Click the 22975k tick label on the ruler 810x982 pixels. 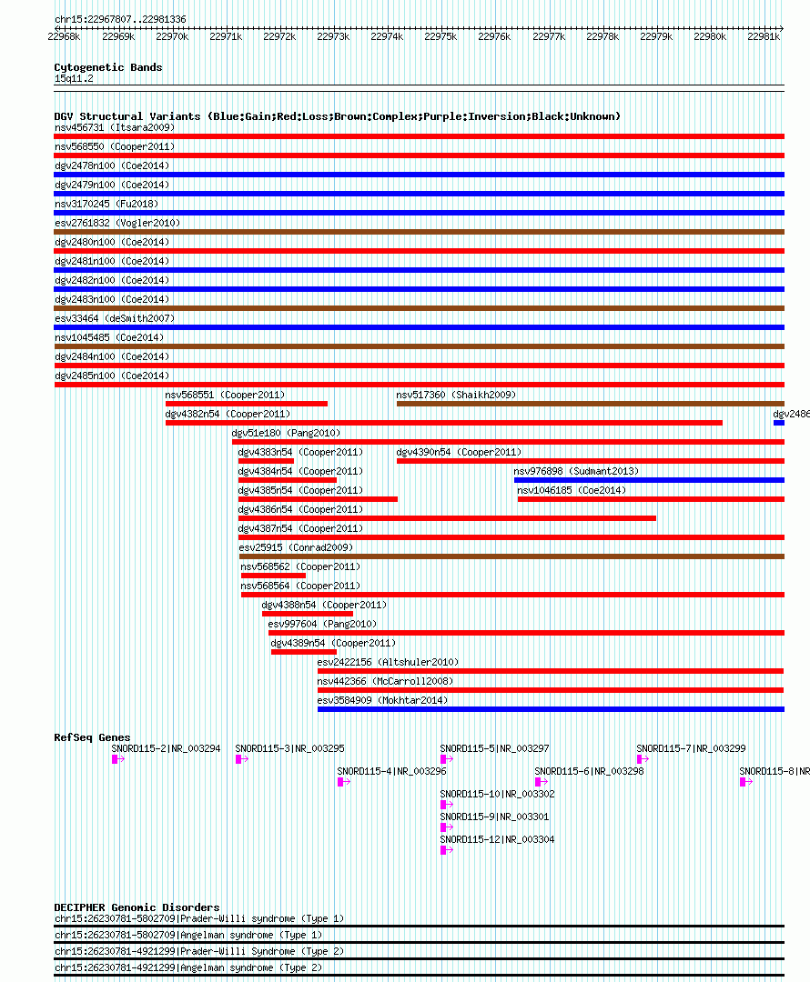pyautogui.click(x=440, y=37)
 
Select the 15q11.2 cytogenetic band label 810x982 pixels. pyautogui.click(x=74, y=78)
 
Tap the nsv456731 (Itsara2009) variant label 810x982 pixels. pyautogui.click(x=115, y=128)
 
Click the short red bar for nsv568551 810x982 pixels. pyautogui.click(x=247, y=404)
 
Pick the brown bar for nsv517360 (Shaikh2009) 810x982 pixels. pyautogui.click(x=591, y=404)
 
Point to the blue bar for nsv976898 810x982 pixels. pyautogui.click(x=649, y=480)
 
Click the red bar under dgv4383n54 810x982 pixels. pyautogui.click(x=266, y=461)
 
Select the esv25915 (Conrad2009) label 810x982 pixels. pyautogui.click(x=296, y=548)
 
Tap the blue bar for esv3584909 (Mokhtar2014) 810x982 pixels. pyautogui.click(x=552, y=709)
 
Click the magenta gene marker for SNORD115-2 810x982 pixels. pyautogui.click(x=115, y=759)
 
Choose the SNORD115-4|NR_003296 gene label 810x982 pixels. pyautogui.click(x=392, y=772)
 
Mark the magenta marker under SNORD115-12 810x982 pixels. pyautogui.click(x=443, y=850)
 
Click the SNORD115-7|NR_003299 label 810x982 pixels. pyautogui.click(x=691, y=748)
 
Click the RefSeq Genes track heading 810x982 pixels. pyautogui.click(x=92, y=737)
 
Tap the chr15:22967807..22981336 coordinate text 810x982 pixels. pyautogui.click(x=120, y=19)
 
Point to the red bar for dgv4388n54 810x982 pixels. pyautogui.click(x=308, y=614)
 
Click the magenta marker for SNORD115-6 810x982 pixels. pyautogui.click(x=538, y=782)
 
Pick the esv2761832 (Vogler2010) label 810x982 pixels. pyautogui.click(x=117, y=223)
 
